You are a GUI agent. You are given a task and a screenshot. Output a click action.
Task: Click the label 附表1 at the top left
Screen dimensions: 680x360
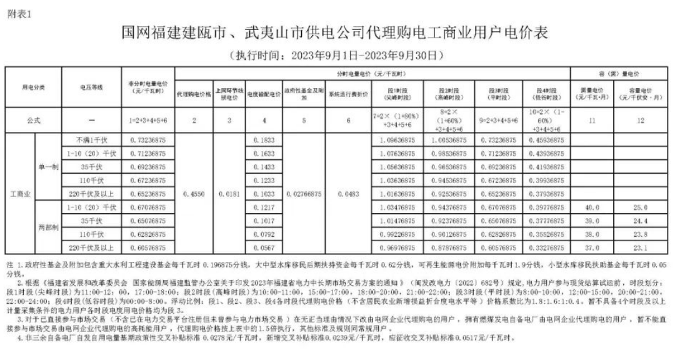[19, 13]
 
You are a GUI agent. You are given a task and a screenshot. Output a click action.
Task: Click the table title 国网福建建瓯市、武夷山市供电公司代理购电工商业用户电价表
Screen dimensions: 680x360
[339, 32]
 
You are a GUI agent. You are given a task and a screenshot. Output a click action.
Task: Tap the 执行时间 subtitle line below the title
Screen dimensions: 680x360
[339, 54]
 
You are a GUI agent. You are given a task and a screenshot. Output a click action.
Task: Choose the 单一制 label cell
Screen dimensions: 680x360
[47, 166]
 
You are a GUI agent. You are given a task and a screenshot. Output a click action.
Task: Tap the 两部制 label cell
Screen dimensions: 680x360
[47, 228]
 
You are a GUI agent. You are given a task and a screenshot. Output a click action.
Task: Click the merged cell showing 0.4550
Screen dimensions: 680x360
[194, 194]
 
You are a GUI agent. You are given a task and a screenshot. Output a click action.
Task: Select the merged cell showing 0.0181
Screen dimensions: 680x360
[229, 194]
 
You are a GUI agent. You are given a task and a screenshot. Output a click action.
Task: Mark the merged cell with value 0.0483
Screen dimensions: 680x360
[348, 194]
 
